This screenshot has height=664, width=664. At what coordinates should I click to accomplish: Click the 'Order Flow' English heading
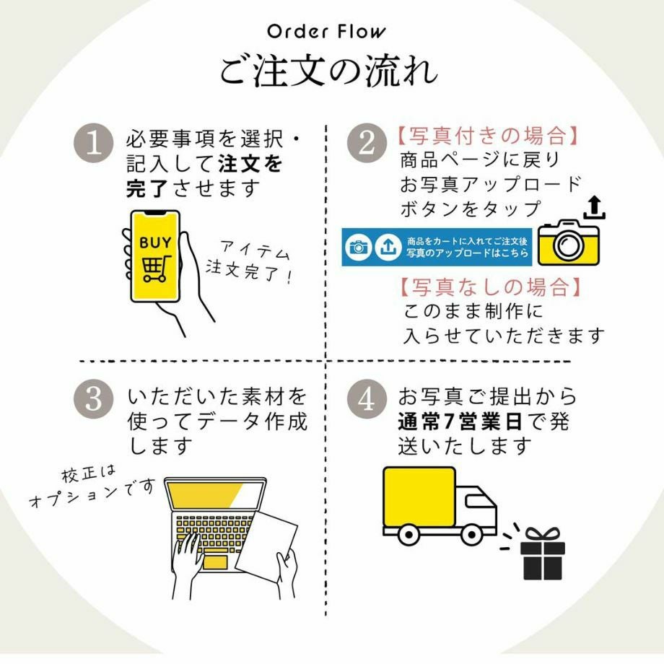[326, 32]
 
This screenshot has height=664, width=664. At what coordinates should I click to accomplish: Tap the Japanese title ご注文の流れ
[328, 72]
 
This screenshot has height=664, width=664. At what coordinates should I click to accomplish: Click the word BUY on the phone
[155, 242]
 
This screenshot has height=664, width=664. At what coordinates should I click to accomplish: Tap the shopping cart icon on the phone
[156, 268]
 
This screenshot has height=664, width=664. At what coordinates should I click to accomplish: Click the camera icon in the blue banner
[358, 248]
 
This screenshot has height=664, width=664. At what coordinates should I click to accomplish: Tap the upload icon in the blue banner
[388, 248]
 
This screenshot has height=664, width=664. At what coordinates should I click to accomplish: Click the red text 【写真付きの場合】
[489, 136]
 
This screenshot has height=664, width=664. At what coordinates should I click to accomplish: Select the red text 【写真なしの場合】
[489, 287]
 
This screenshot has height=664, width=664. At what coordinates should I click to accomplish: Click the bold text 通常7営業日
[463, 421]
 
